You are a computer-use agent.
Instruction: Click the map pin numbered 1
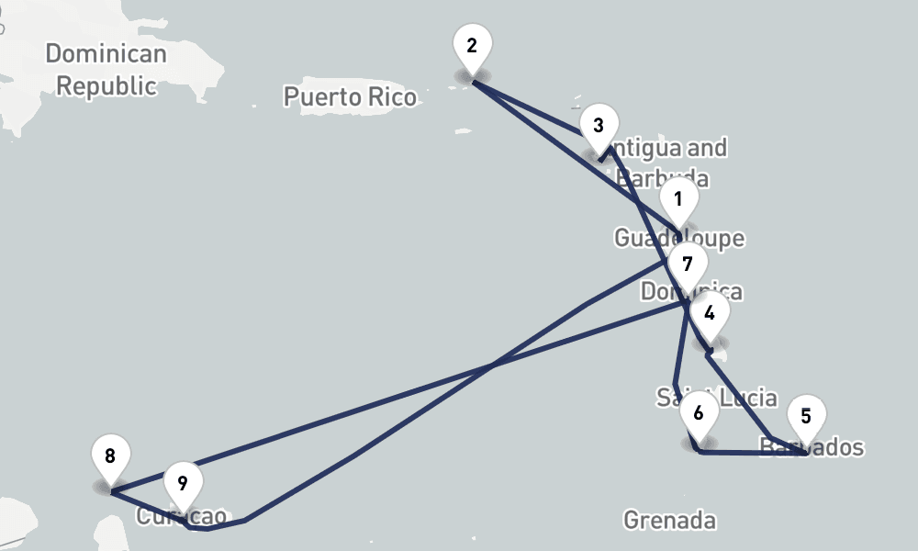tap(678, 200)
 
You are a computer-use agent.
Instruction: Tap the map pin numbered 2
tap(472, 46)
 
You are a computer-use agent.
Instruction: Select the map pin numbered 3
tap(599, 127)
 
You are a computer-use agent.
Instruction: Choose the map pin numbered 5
tap(805, 417)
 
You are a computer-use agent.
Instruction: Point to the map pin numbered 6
tap(699, 414)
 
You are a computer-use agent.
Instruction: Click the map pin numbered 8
tap(110, 456)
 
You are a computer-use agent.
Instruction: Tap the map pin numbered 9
tap(183, 483)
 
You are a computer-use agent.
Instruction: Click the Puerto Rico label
tap(349, 96)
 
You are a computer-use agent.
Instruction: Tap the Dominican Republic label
tap(106, 70)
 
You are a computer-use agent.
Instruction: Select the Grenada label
tap(669, 520)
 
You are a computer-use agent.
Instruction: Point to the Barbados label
tap(813, 447)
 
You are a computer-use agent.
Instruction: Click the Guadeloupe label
tap(678, 239)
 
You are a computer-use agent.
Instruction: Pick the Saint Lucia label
tap(717, 399)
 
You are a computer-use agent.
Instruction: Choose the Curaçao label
tap(182, 516)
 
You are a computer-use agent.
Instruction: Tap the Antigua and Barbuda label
tap(667, 162)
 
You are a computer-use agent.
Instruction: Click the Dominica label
tap(691, 292)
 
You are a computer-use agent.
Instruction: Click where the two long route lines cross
tap(493, 365)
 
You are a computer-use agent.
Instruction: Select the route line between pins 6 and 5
tap(753, 453)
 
